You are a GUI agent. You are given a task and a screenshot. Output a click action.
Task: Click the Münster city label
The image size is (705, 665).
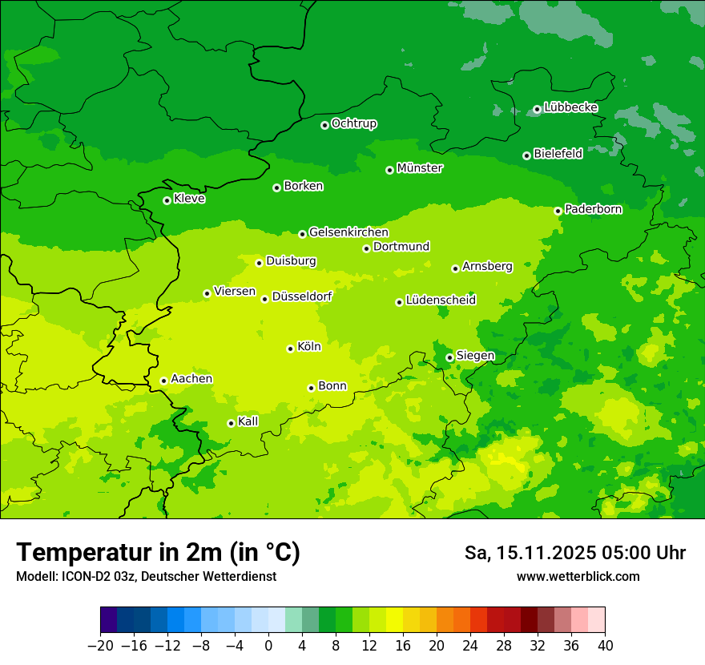pyautogui.click(x=419, y=168)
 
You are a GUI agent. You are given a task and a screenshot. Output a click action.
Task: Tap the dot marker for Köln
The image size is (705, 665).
pyautogui.click(x=290, y=349)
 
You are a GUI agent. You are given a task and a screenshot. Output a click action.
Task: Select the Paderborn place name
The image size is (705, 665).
pyautogui.click(x=593, y=209)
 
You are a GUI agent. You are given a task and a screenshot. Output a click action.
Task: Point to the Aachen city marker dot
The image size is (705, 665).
pyautogui.click(x=163, y=381)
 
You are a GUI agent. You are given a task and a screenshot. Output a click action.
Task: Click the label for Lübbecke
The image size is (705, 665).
pyautogui.click(x=570, y=107)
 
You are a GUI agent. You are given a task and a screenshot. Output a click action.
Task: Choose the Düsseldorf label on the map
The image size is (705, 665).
pyautogui.click(x=301, y=297)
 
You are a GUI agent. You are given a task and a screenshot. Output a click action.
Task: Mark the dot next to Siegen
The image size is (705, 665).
pyautogui.click(x=449, y=357)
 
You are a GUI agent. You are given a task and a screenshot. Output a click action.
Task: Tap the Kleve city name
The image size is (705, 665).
pyautogui.click(x=189, y=199)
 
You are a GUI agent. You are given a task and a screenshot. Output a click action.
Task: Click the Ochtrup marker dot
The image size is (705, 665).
pyautogui.click(x=324, y=125)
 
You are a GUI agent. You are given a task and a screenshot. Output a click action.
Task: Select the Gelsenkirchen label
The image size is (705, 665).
pyautogui.click(x=348, y=232)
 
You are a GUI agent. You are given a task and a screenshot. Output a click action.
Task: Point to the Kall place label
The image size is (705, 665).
pyautogui.click(x=248, y=421)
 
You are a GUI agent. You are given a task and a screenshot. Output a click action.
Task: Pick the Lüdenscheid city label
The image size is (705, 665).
pyautogui.click(x=441, y=300)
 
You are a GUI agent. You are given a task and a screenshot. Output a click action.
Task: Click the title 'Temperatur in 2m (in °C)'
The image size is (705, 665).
pyautogui.click(x=158, y=553)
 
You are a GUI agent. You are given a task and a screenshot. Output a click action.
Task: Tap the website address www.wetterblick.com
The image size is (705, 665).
pyautogui.click(x=578, y=577)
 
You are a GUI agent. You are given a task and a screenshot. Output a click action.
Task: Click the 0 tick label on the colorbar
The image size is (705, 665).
pyautogui.click(x=268, y=646)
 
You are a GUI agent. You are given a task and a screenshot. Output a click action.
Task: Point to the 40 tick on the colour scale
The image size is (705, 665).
pyautogui.click(x=605, y=646)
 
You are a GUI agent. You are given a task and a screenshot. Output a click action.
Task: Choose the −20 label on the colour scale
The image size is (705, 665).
pyautogui.click(x=100, y=646)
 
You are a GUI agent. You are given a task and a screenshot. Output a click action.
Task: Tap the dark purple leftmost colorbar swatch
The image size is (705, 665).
pyautogui.click(x=108, y=620)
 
